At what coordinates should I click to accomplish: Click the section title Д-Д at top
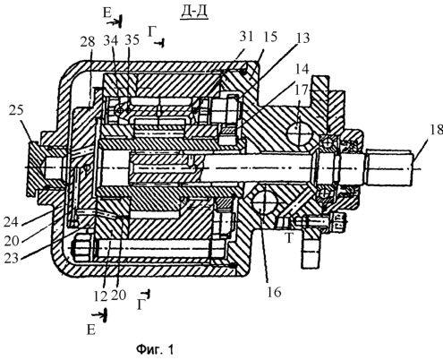[x=194, y=13]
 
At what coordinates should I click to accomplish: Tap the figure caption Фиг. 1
[x=155, y=349]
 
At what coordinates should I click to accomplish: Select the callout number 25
[x=16, y=110]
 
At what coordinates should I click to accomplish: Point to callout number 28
[x=88, y=41]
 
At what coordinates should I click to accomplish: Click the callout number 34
[x=112, y=39]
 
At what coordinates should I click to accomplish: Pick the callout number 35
[x=132, y=39]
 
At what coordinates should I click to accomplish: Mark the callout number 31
[x=245, y=37]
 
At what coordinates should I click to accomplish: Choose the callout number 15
[x=269, y=37]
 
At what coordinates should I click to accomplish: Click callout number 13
[x=302, y=39]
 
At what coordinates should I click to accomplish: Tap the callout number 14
[x=302, y=69]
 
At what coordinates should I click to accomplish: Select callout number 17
[x=301, y=90]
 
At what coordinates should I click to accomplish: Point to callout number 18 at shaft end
[x=435, y=130]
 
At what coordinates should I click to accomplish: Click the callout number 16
[x=274, y=292]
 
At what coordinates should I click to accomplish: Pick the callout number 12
[x=100, y=296]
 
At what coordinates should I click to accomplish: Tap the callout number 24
[x=12, y=222]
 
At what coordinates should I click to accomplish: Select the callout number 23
[x=12, y=258]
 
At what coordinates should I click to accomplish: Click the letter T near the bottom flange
[x=289, y=238]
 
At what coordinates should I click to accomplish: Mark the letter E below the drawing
[x=91, y=330]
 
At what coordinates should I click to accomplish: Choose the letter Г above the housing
[x=152, y=31]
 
